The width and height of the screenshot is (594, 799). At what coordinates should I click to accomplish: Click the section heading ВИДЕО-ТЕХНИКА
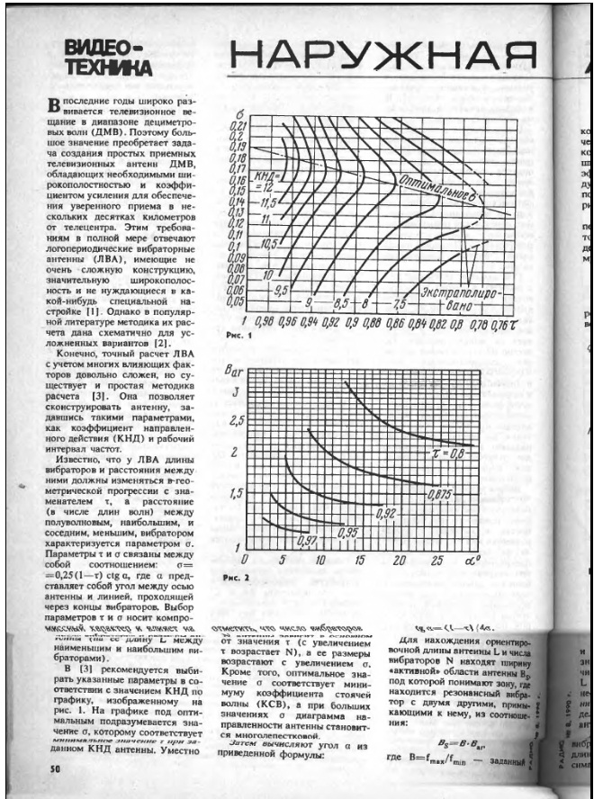[x=113, y=57]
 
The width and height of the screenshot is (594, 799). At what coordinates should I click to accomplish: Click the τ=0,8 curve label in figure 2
[x=449, y=457]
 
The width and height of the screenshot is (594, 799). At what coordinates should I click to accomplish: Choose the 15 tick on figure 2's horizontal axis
[x=360, y=561]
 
